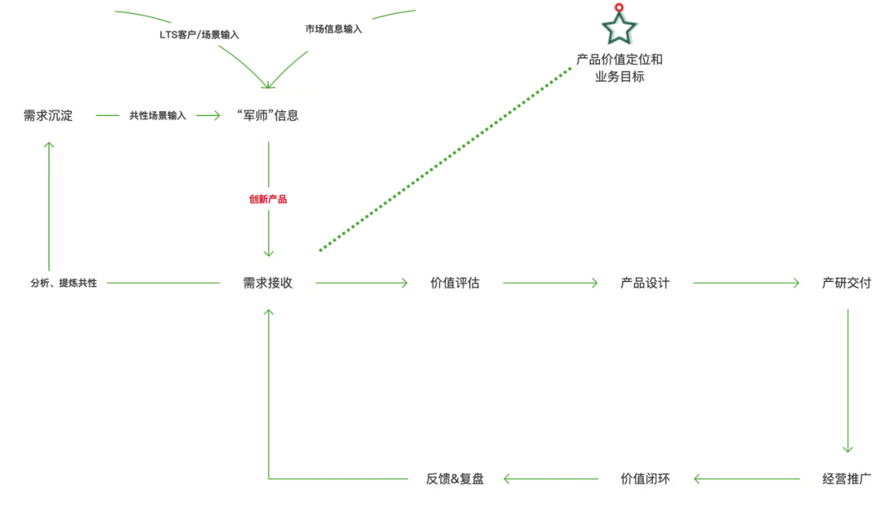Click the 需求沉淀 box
pyautogui.click(x=48, y=115)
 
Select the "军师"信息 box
pyautogui.click(x=268, y=115)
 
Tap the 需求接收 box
pyautogui.click(x=268, y=283)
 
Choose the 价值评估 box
pyautogui.click(x=455, y=283)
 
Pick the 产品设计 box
pyautogui.click(x=645, y=283)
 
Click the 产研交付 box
pyautogui.click(x=846, y=283)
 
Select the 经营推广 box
pyautogui.click(x=846, y=478)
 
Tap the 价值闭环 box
pyautogui.click(x=645, y=478)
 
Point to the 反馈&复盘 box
pyautogui.click(x=455, y=478)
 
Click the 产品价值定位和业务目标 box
pyautogui.click(x=619, y=68)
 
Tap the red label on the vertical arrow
pyautogui.click(x=268, y=199)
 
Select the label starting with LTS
pyautogui.click(x=199, y=35)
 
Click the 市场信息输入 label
pyautogui.click(x=333, y=30)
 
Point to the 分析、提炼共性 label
pyautogui.click(x=64, y=283)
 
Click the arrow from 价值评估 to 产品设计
pyautogui.click(x=549, y=283)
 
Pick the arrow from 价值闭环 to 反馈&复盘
pyautogui.click(x=549, y=478)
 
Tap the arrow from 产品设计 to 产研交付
pyautogui.click(x=745, y=283)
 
